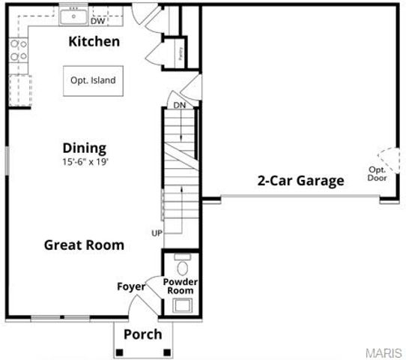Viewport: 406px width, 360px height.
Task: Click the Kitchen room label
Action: [x=94, y=41]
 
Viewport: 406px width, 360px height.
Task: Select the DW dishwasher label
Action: [x=98, y=21]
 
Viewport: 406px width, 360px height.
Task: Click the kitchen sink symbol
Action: [x=74, y=14]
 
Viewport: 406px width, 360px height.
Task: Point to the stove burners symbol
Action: [x=19, y=51]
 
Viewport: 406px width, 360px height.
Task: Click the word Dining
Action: [x=84, y=148]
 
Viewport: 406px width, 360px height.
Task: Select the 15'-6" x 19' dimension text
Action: [x=85, y=161]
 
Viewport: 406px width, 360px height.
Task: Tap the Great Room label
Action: [x=84, y=244]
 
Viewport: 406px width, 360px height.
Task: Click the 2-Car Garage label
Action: [x=300, y=180]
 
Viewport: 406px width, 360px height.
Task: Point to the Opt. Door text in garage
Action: [x=376, y=174]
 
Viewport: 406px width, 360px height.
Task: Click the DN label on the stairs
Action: [x=179, y=105]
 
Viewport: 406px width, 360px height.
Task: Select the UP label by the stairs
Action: [x=157, y=233]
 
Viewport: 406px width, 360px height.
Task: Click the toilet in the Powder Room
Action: [x=181, y=267]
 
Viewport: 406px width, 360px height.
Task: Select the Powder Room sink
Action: [x=181, y=304]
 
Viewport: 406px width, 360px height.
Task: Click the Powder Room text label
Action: [x=180, y=286]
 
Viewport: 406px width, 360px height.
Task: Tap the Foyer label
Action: [x=130, y=286]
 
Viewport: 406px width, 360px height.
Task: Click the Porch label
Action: [x=142, y=334]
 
